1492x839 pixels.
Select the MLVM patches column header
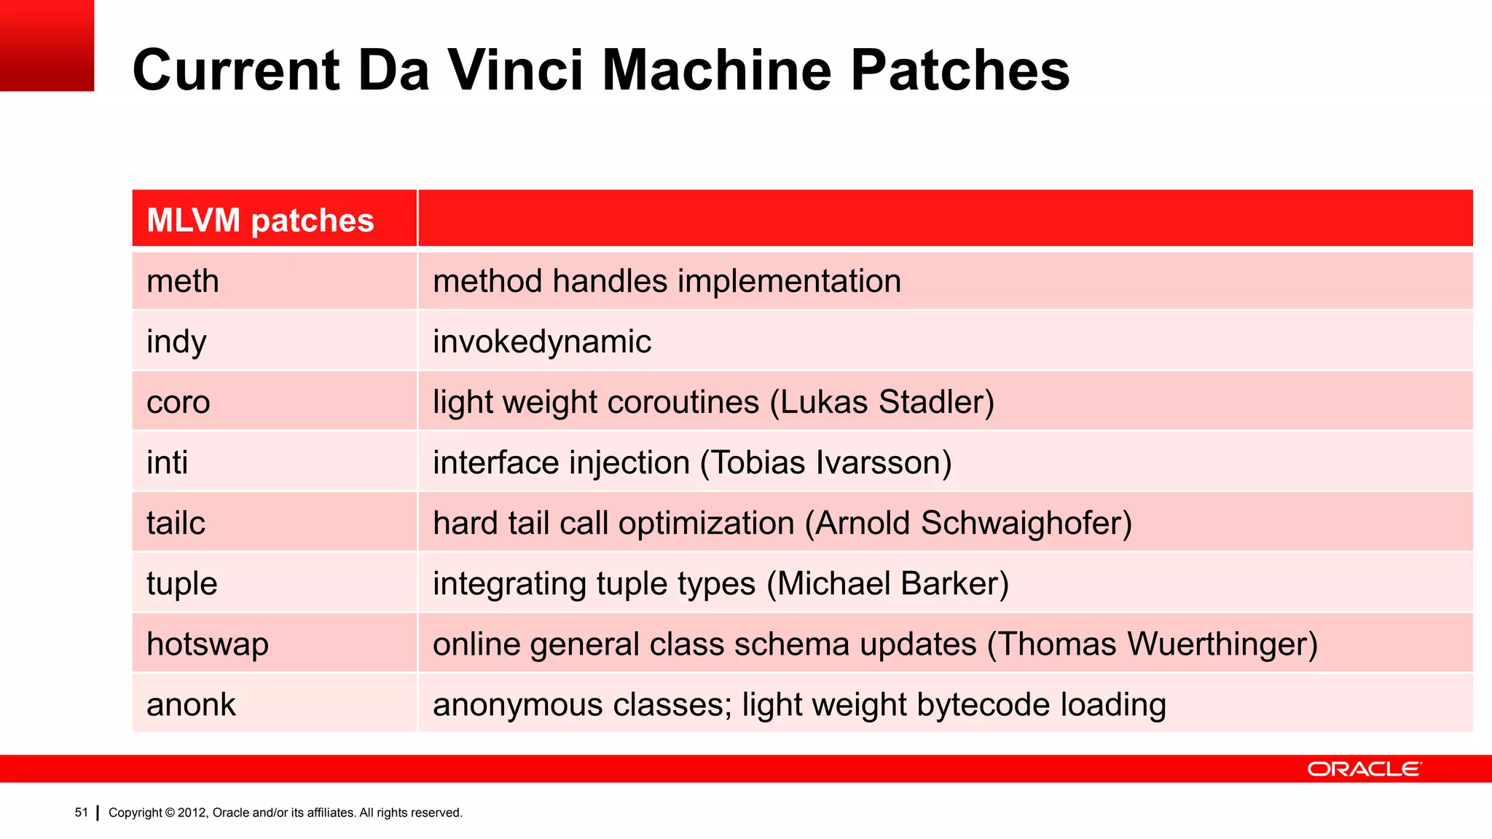tap(260, 220)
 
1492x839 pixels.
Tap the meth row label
tap(182, 281)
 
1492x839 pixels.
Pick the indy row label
tap(176, 342)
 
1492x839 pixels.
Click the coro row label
tap(178, 402)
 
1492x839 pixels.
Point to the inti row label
tap(167, 462)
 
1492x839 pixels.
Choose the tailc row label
tap(176, 523)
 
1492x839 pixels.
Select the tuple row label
tap(181, 583)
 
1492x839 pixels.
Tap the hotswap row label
tap(208, 644)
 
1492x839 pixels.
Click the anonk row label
tap(191, 704)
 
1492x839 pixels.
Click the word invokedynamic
tap(542, 342)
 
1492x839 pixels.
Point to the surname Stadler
tap(936, 402)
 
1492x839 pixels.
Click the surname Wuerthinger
tap(1222, 644)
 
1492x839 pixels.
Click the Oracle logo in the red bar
tap(1364, 769)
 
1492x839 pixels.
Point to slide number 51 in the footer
tap(81, 812)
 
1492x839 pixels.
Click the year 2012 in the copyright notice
tap(192, 813)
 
